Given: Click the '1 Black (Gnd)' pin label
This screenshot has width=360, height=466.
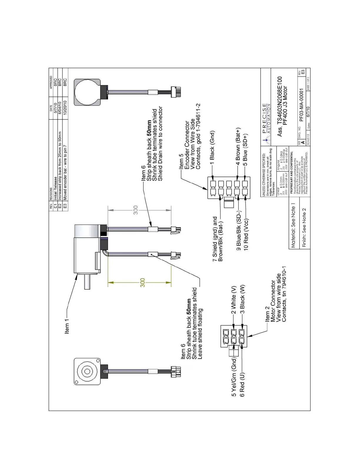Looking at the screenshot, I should (x=212, y=145).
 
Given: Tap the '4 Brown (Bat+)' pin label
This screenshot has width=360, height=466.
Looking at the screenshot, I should (x=238, y=144).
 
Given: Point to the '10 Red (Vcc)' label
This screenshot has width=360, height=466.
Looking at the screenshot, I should (x=246, y=234).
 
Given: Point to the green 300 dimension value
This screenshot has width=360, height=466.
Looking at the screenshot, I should (x=143, y=283).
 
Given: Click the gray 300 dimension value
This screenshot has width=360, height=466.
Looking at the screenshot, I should (x=136, y=210).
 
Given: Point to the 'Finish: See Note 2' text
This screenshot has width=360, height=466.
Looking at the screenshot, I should (x=304, y=227).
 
